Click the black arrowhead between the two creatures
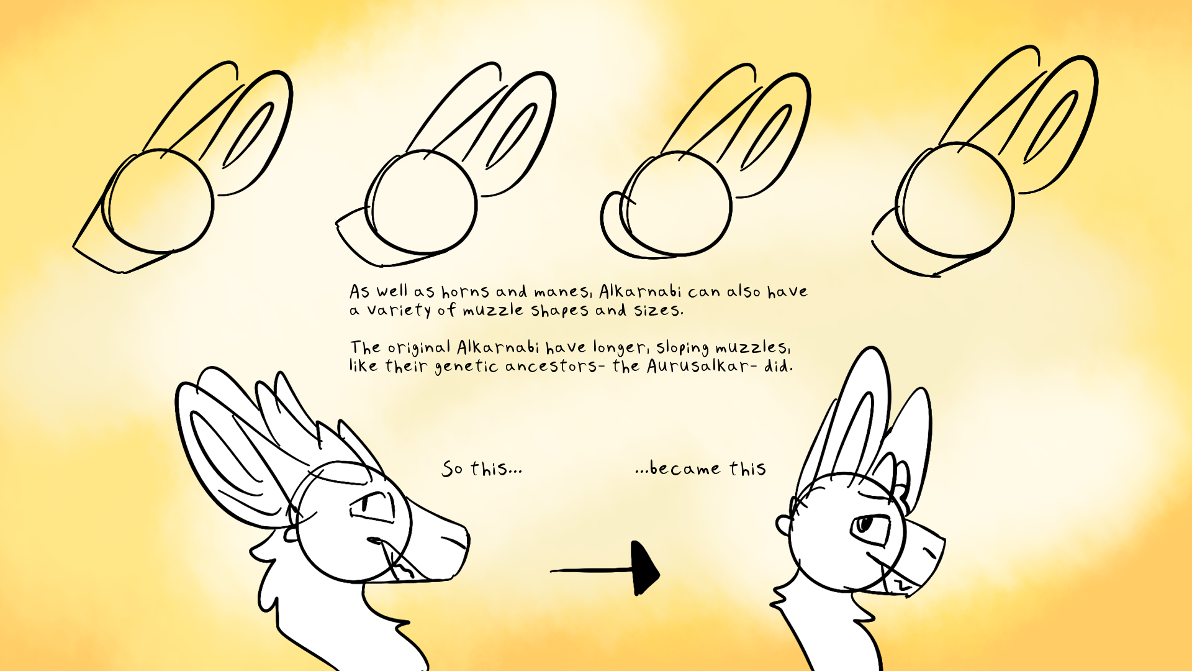point(644,568)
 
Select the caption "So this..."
point(482,468)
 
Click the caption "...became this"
point(700,468)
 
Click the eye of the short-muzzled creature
point(863,526)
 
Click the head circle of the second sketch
point(423,203)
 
